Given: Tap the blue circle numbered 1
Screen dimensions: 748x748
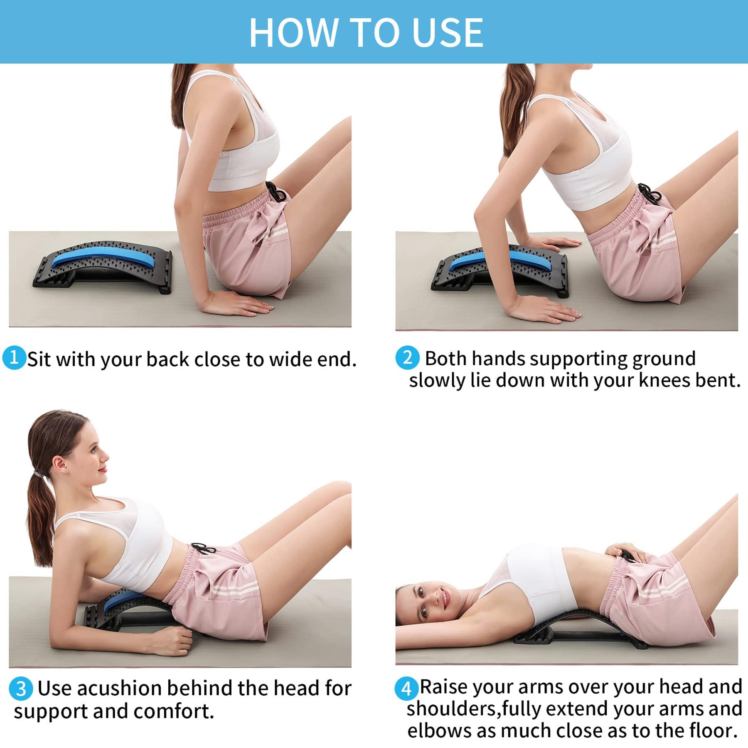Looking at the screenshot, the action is point(14,357).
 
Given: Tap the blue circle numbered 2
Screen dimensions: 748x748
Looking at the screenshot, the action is point(407,358).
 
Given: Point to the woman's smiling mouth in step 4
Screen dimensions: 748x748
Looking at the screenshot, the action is point(444,601).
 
